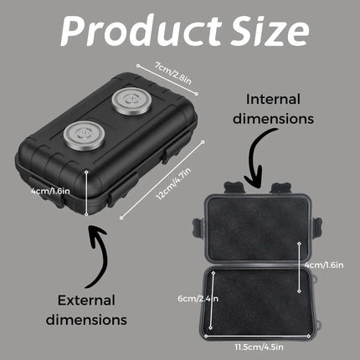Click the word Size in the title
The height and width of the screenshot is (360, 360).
coord(270,31)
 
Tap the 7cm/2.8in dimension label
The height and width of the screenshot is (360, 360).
coord(173,74)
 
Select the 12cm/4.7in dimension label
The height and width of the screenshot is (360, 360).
coord(174,183)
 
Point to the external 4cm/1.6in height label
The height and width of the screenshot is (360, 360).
coord(50,191)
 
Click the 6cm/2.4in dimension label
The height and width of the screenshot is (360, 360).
coord(198,299)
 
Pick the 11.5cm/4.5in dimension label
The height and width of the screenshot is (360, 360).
coord(259,347)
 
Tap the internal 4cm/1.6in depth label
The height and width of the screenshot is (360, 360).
coord(324,265)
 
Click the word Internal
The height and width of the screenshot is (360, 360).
coord(273,100)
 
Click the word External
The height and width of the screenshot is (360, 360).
coord(86,301)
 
